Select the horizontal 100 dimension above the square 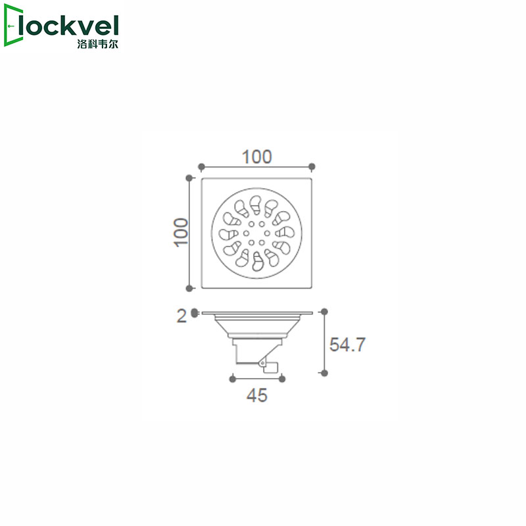tap(257, 156)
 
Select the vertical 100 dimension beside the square tap(181, 233)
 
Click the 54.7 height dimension tap(347, 345)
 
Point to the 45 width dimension tap(256, 396)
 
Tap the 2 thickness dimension tap(181, 316)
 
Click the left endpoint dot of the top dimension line tap(202, 166)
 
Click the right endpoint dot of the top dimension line tap(312, 166)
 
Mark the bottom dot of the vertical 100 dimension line tap(190, 287)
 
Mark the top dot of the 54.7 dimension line tap(323, 311)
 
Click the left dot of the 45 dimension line tap(232, 378)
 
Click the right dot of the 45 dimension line tap(282, 378)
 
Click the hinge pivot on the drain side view tap(262, 362)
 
